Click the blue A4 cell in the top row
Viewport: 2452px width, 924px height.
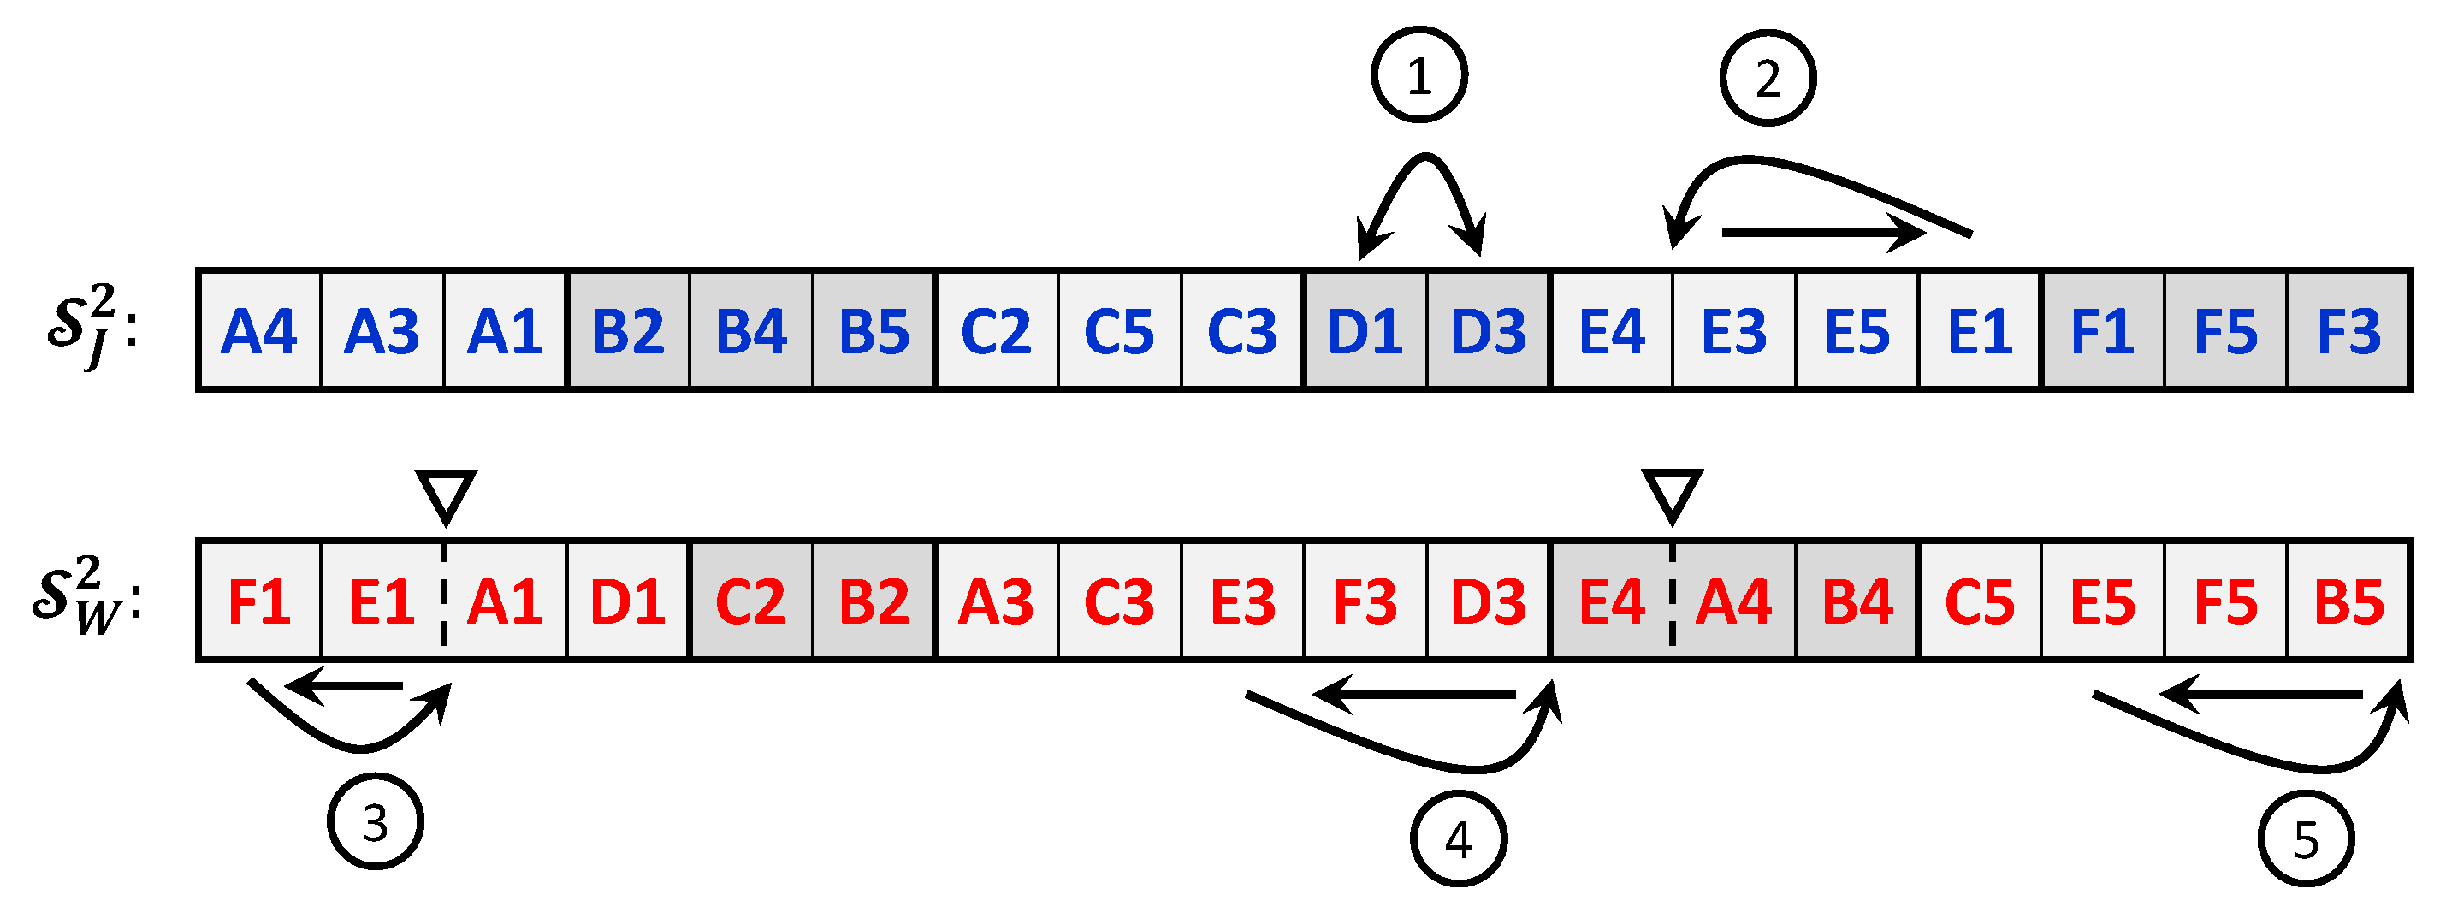pyautogui.click(x=258, y=331)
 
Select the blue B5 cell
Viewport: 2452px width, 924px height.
pyautogui.click(x=874, y=331)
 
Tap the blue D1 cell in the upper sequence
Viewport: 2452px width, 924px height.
pyautogui.click(x=1365, y=331)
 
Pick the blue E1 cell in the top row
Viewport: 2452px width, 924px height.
pyautogui.click(x=1980, y=331)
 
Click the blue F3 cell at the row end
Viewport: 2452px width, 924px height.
pyautogui.click(x=2348, y=331)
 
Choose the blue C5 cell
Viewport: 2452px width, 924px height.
pyautogui.click(x=1119, y=331)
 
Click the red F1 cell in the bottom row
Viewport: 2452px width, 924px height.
pyautogui.click(x=259, y=601)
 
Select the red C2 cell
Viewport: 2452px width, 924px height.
pyautogui.click(x=751, y=601)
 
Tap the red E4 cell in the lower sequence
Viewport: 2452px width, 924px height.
pyautogui.click(x=1612, y=601)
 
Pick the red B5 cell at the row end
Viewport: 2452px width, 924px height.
pyautogui.click(x=2348, y=601)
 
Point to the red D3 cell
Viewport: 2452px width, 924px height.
pyautogui.click(x=1489, y=601)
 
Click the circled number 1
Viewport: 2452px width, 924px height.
pyautogui.click(x=1419, y=75)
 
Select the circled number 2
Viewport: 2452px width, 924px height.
pyautogui.click(x=1768, y=78)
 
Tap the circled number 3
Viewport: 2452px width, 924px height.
pyautogui.click(x=375, y=821)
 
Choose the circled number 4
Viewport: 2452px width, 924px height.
pyautogui.click(x=1458, y=838)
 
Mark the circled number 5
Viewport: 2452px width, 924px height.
pyautogui.click(x=2306, y=838)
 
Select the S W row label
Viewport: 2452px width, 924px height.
pyautogui.click(x=86, y=596)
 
